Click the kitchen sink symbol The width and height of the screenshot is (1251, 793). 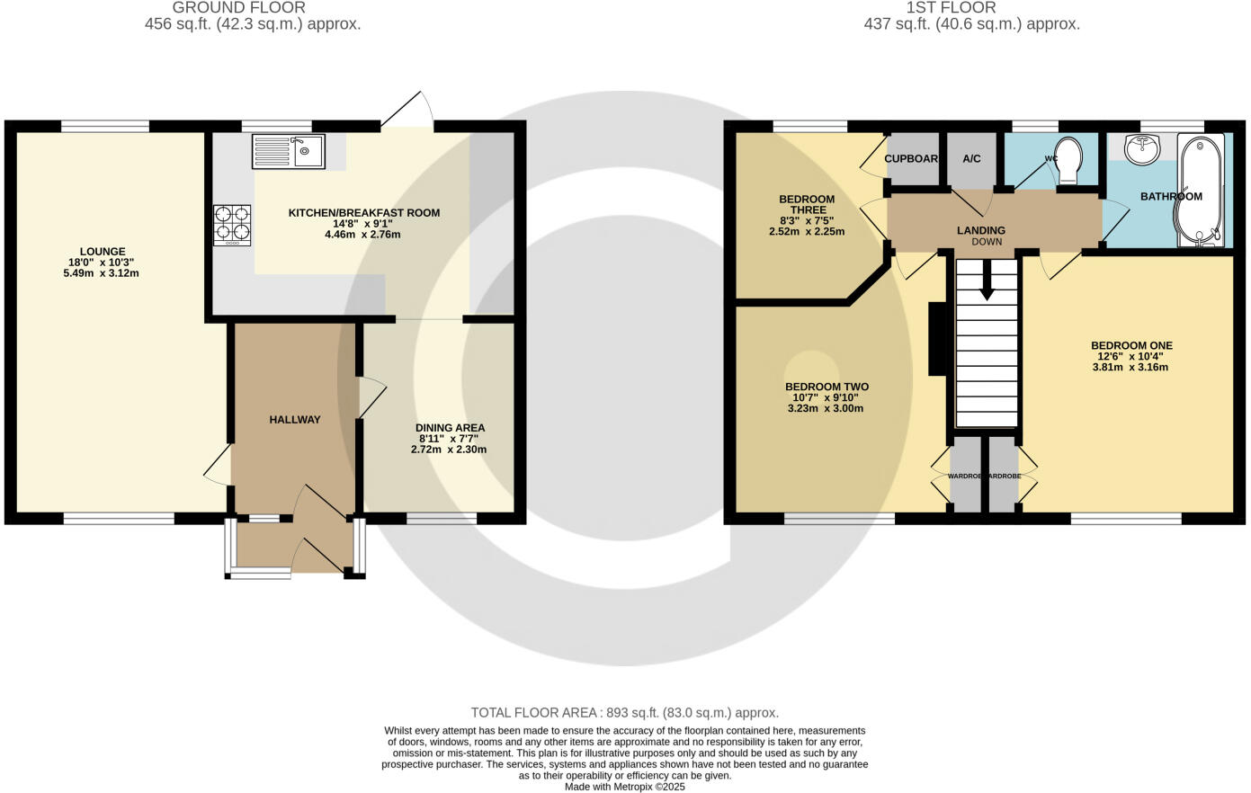[289, 151]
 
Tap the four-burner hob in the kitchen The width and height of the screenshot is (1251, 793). [232, 225]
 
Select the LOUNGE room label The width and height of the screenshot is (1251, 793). [103, 252]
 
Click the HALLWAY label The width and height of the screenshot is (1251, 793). [295, 419]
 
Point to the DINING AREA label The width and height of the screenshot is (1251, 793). [450, 428]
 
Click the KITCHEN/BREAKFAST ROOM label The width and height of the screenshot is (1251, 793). [363, 213]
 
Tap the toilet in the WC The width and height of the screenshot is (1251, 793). [1069, 159]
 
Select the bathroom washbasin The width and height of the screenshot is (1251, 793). [1142, 150]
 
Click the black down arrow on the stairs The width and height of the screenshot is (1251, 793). [987, 286]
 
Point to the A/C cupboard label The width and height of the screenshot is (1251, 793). [971, 159]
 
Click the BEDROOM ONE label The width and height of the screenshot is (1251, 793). [1131, 345]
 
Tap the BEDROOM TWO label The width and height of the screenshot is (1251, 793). [827, 387]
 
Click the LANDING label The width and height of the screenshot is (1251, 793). [980, 230]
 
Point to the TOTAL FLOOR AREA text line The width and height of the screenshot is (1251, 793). [624, 712]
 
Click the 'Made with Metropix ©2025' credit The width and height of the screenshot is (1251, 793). [624, 786]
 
